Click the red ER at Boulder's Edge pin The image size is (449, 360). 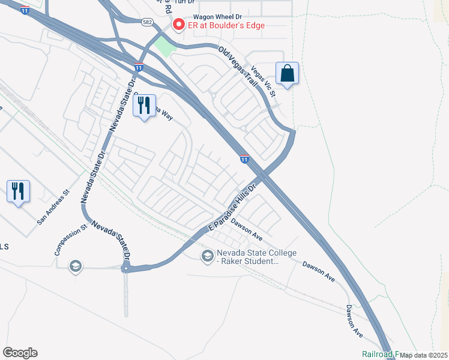pyautogui.click(x=178, y=25)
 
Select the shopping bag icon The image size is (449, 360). pyautogui.click(x=288, y=73)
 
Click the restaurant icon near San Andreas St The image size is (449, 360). pyautogui.click(x=18, y=191)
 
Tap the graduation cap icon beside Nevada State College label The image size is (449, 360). pyautogui.click(x=207, y=257)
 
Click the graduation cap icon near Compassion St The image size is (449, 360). pyautogui.click(x=75, y=266)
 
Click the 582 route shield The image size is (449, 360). pyautogui.click(x=147, y=22)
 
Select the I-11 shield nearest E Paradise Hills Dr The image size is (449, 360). pyautogui.click(x=244, y=159)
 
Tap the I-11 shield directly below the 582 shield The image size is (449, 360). pyautogui.click(x=139, y=67)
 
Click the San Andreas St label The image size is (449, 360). pyautogui.click(x=53, y=208)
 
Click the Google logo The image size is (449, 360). pyautogui.click(x=20, y=353)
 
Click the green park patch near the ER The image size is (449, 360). pyautogui.click(x=163, y=47)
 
